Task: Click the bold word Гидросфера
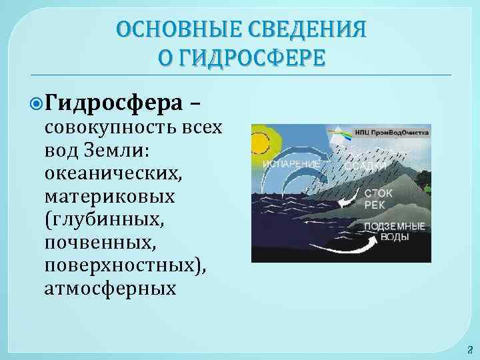116,103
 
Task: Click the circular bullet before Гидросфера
37,103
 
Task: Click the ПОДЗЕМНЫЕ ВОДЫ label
394,231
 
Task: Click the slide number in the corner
468,349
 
